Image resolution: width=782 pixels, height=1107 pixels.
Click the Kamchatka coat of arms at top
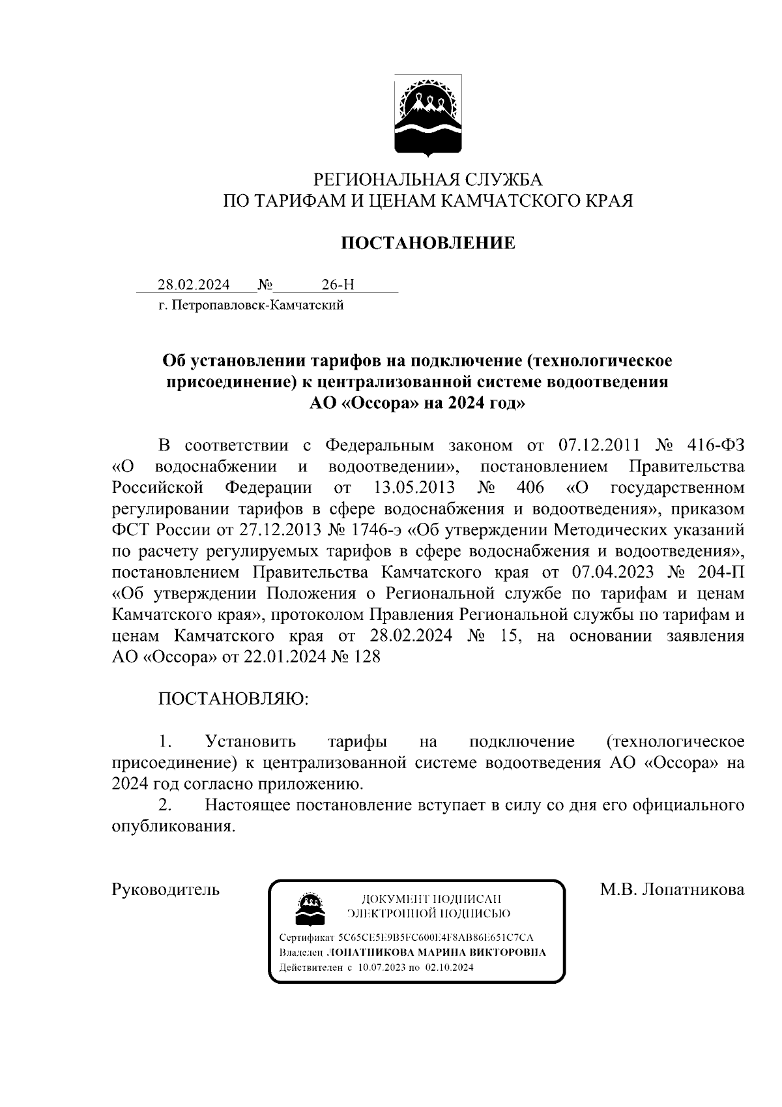point(428,116)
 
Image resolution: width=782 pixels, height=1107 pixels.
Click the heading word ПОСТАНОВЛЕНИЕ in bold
point(428,243)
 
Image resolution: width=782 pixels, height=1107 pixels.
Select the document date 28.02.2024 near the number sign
point(193,285)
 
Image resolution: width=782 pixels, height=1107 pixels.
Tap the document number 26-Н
point(338,285)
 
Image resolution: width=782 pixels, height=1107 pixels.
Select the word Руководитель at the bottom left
point(166,889)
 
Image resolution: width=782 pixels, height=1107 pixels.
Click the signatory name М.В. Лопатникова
point(672,889)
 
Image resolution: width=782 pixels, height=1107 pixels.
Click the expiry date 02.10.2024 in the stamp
point(449,967)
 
